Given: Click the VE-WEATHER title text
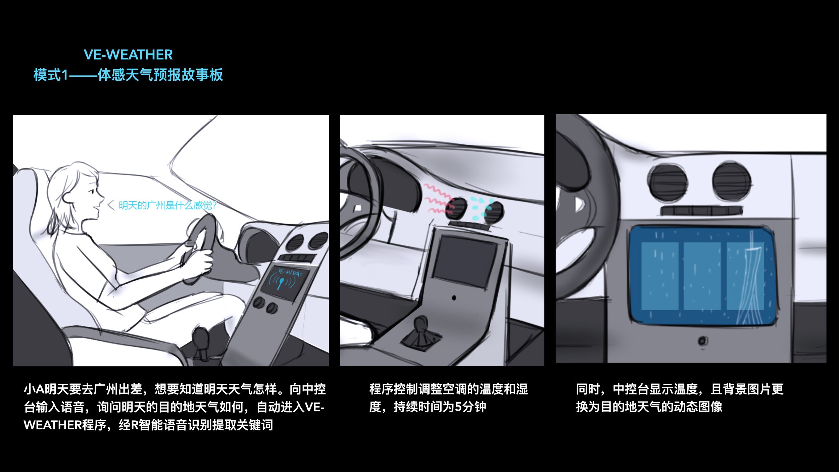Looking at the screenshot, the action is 128,55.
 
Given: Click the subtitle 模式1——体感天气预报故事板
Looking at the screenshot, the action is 128,75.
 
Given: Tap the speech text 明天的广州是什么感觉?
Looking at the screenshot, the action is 168,205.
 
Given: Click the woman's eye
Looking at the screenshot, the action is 93,192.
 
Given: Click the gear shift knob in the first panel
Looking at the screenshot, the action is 201,337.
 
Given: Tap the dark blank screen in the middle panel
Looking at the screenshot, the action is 465,261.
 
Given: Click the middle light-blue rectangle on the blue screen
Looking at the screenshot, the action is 702,276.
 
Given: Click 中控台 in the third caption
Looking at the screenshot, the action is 631,389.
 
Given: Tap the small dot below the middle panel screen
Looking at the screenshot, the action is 454,298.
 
